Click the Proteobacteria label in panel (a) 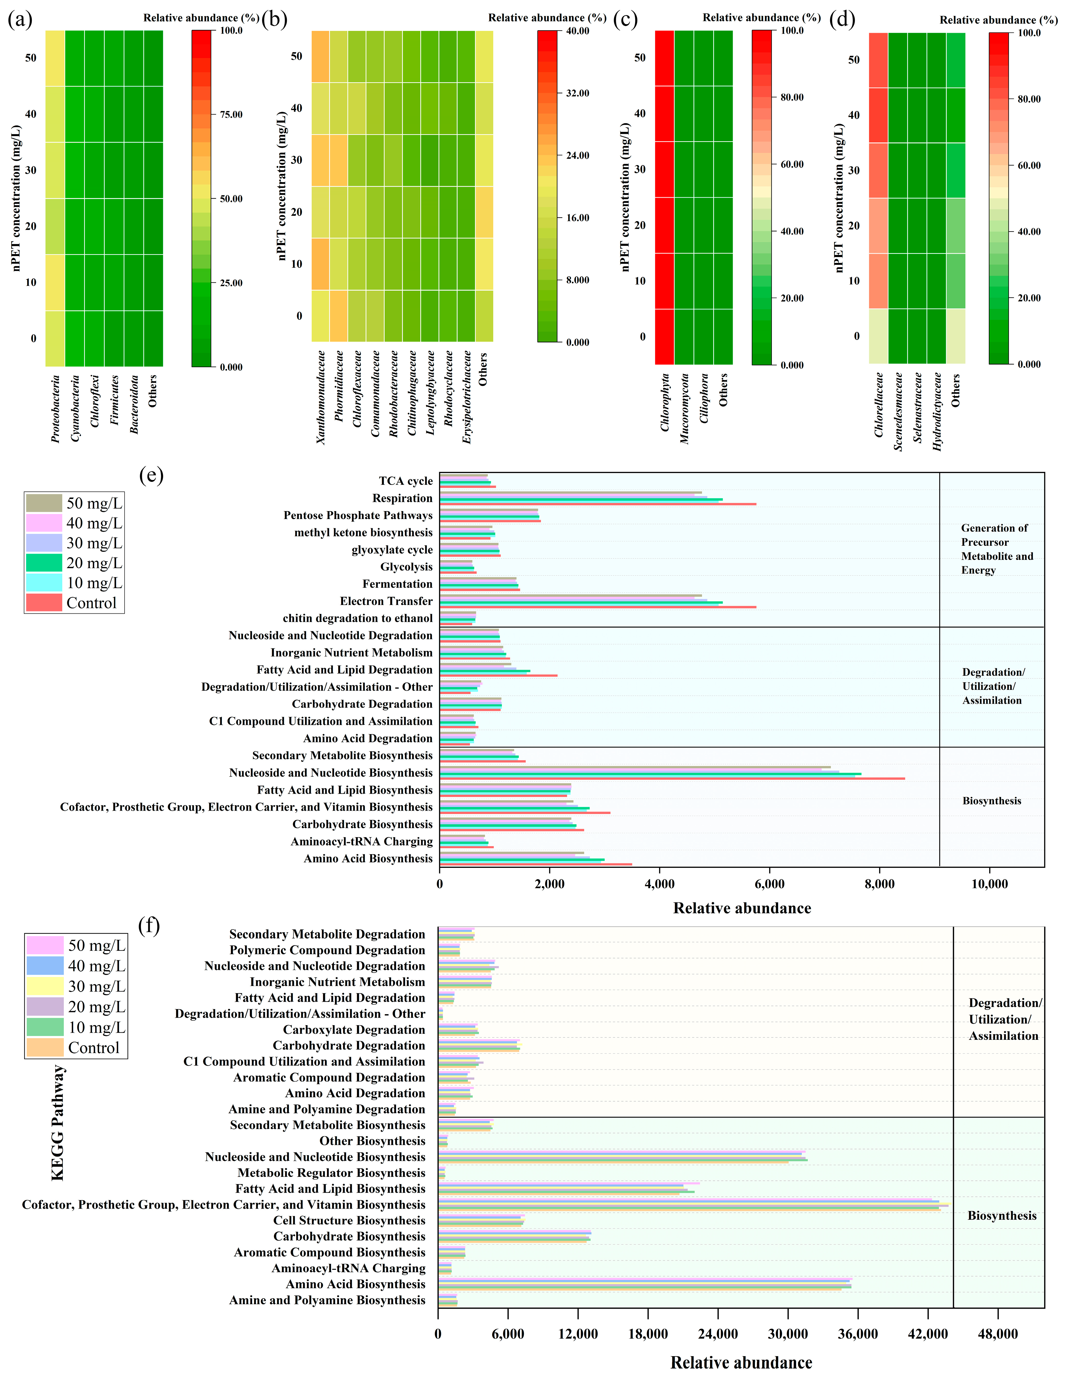tap(56, 409)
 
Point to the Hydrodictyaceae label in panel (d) tap(937, 411)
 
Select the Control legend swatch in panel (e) tap(44, 603)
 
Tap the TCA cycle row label tap(406, 481)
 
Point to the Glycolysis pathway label tap(406, 567)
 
